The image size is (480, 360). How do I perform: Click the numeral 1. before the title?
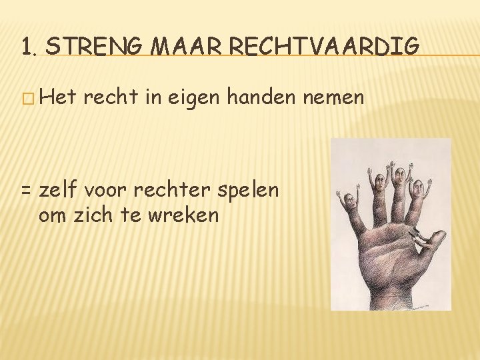(x=29, y=47)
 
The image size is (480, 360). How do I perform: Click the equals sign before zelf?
(x=26, y=190)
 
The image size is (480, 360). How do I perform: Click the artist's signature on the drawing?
(x=423, y=306)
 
